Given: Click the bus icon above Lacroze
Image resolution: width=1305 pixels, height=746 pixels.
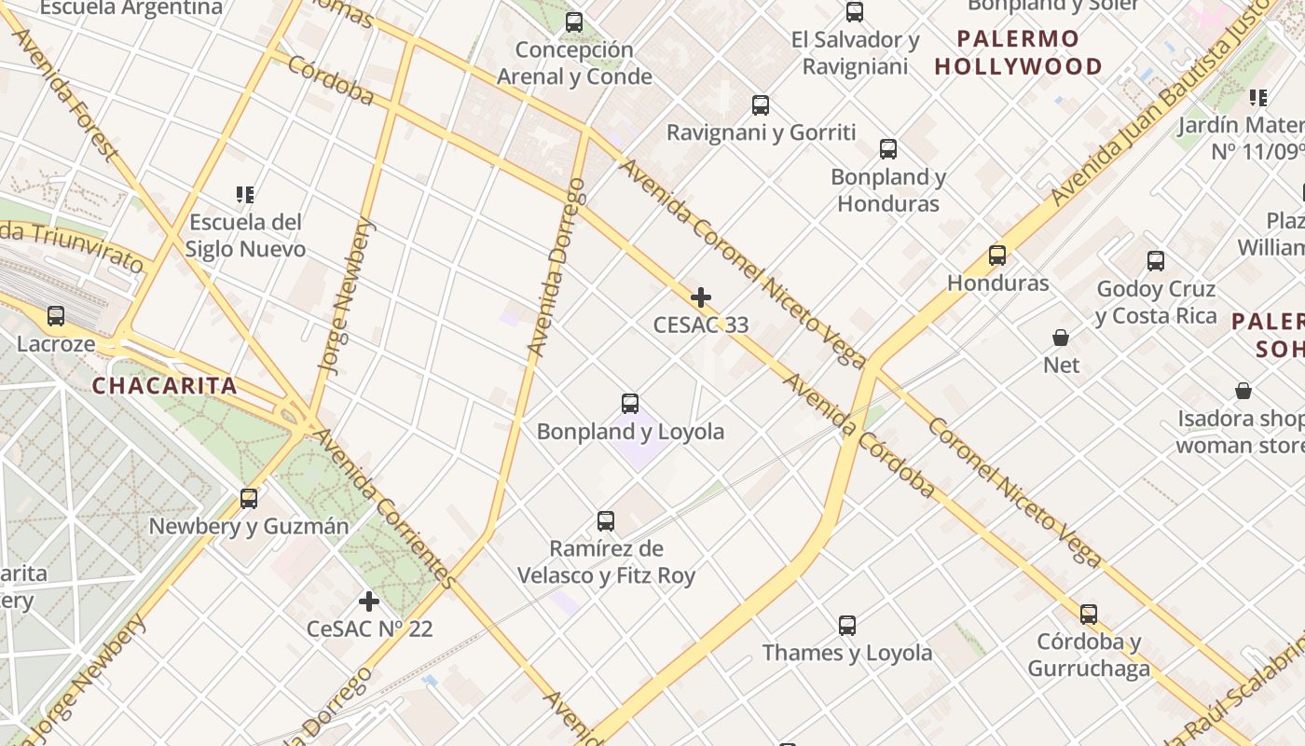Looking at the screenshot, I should [x=56, y=316].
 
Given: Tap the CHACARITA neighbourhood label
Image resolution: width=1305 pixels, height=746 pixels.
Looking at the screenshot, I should [x=164, y=386].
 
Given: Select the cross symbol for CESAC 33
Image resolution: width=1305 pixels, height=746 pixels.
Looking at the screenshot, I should [x=701, y=297].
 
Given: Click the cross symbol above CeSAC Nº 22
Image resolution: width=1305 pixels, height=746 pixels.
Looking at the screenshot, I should [x=369, y=601].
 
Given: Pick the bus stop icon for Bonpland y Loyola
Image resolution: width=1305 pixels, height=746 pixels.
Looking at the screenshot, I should [x=630, y=404].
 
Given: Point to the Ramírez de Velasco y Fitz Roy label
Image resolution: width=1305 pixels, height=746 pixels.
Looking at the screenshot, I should [x=606, y=562].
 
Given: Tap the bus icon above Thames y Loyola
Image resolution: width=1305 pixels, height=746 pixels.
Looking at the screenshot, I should [x=846, y=625].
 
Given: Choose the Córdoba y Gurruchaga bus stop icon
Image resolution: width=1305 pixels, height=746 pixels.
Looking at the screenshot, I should [x=1088, y=615].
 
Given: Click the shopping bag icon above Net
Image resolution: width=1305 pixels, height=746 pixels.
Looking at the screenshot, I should [x=1060, y=337].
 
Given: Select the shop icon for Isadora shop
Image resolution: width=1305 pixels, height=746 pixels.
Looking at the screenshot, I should [x=1243, y=390].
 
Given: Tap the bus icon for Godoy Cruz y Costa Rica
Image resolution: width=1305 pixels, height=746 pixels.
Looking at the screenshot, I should [x=1156, y=261].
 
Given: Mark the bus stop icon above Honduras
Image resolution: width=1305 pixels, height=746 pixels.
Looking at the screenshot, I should [x=997, y=255].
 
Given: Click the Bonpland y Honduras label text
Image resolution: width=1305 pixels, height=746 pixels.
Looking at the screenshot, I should [x=887, y=190].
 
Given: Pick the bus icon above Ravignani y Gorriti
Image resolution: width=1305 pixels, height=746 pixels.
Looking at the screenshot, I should [x=761, y=105].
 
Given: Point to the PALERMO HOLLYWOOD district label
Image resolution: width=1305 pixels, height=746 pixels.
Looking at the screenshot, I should [x=1018, y=53].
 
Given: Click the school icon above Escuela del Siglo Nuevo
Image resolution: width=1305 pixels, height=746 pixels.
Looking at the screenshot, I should [x=244, y=195].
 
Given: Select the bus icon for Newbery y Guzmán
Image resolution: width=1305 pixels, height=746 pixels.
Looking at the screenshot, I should [x=249, y=499].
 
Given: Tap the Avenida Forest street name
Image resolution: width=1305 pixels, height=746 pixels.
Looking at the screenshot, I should [x=65, y=93].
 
